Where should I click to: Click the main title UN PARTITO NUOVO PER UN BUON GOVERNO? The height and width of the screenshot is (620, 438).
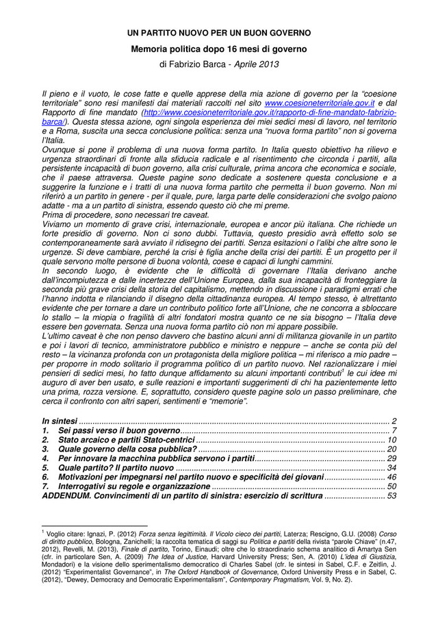click(219, 32)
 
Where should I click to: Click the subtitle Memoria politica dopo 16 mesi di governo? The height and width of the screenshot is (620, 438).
click(219, 49)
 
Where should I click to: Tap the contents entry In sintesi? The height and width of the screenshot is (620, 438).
click(59, 420)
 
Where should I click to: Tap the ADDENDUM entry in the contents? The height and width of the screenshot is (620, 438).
click(181, 495)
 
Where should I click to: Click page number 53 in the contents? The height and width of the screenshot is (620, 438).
click(392, 495)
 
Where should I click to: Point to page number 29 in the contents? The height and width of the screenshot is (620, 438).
click(392, 458)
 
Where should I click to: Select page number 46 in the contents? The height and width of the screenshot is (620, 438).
click(392, 477)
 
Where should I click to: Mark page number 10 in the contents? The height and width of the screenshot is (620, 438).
click(392, 439)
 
